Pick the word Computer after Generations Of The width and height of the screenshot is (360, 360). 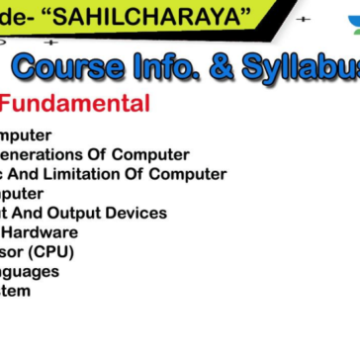(150, 154)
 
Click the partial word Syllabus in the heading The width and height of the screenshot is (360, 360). (298, 67)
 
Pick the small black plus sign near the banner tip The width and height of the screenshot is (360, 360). (303, 19)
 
